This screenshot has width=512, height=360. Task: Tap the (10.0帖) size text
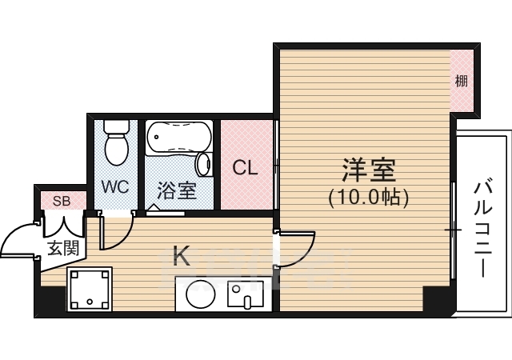click(369, 197)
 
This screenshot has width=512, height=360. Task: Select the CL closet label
click(245, 169)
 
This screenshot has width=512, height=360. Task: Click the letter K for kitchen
click(182, 256)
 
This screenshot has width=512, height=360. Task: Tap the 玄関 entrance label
click(62, 247)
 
